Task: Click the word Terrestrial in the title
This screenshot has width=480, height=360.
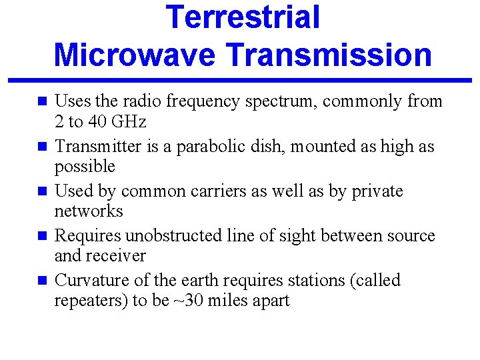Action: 243,18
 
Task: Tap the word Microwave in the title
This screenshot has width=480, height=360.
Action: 135,55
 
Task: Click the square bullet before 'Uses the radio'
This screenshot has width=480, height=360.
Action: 41,102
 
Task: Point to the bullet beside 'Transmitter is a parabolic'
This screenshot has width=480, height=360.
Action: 41,147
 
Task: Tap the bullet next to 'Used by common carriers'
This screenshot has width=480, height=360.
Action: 41,191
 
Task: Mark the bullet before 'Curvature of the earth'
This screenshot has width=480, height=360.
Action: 41,281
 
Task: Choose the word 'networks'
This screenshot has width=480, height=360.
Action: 89,211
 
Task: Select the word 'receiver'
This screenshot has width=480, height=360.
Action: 115,255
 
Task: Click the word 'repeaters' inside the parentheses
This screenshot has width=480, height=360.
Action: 89,300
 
